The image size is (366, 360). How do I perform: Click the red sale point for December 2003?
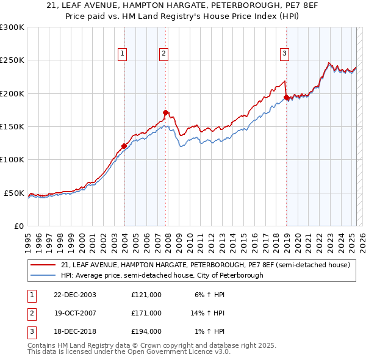pos(124,146)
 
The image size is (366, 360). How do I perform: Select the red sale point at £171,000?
pos(165,112)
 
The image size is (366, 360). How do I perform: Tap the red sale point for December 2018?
pos(286,97)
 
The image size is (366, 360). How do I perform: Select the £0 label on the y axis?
pos(18,226)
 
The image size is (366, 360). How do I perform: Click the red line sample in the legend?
pos(44,265)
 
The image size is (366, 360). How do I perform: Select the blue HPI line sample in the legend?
pos(44,275)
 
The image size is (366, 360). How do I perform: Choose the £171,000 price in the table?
pos(146,313)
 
